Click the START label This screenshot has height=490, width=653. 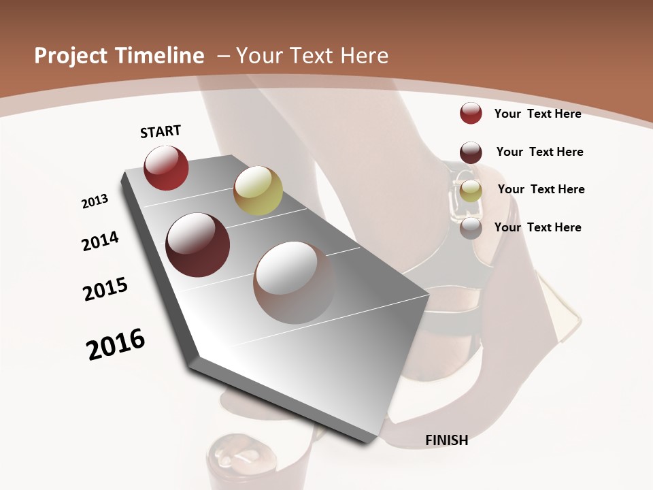161,131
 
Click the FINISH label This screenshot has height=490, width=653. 447,440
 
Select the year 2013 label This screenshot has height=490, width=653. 95,201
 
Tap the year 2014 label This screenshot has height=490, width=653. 100,242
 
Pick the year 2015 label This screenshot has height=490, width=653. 105,289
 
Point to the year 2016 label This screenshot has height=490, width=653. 116,344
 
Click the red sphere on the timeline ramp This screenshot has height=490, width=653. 166,167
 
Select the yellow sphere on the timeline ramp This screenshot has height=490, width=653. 258,190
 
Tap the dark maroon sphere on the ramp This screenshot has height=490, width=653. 198,245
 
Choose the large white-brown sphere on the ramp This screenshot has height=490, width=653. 295,282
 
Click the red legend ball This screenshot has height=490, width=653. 471,113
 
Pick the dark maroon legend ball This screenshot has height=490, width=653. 471,152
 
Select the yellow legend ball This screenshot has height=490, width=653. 471,191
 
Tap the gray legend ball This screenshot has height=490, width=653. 471,228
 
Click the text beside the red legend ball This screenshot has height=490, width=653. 537,114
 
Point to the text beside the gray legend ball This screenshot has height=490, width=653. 537,227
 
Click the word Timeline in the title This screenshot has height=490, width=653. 161,56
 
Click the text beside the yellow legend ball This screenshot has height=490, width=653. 541,189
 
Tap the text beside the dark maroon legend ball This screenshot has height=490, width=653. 539,152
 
